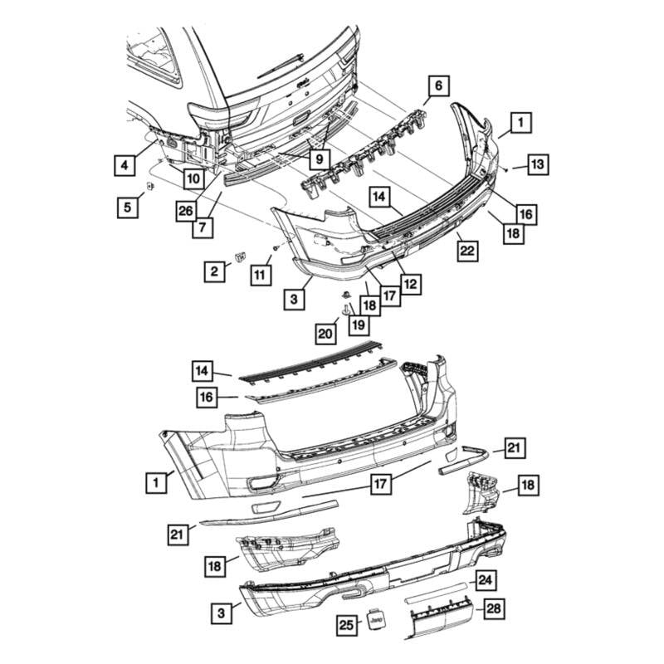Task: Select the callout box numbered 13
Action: (x=538, y=165)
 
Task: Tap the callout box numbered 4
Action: (x=123, y=166)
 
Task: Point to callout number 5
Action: (x=127, y=207)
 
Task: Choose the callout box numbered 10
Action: (x=193, y=178)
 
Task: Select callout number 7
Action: (x=203, y=227)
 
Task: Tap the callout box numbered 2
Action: (x=214, y=270)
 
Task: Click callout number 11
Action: (x=261, y=274)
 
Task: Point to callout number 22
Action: (x=468, y=250)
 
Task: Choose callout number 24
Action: (x=486, y=580)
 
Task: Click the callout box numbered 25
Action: (x=346, y=625)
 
